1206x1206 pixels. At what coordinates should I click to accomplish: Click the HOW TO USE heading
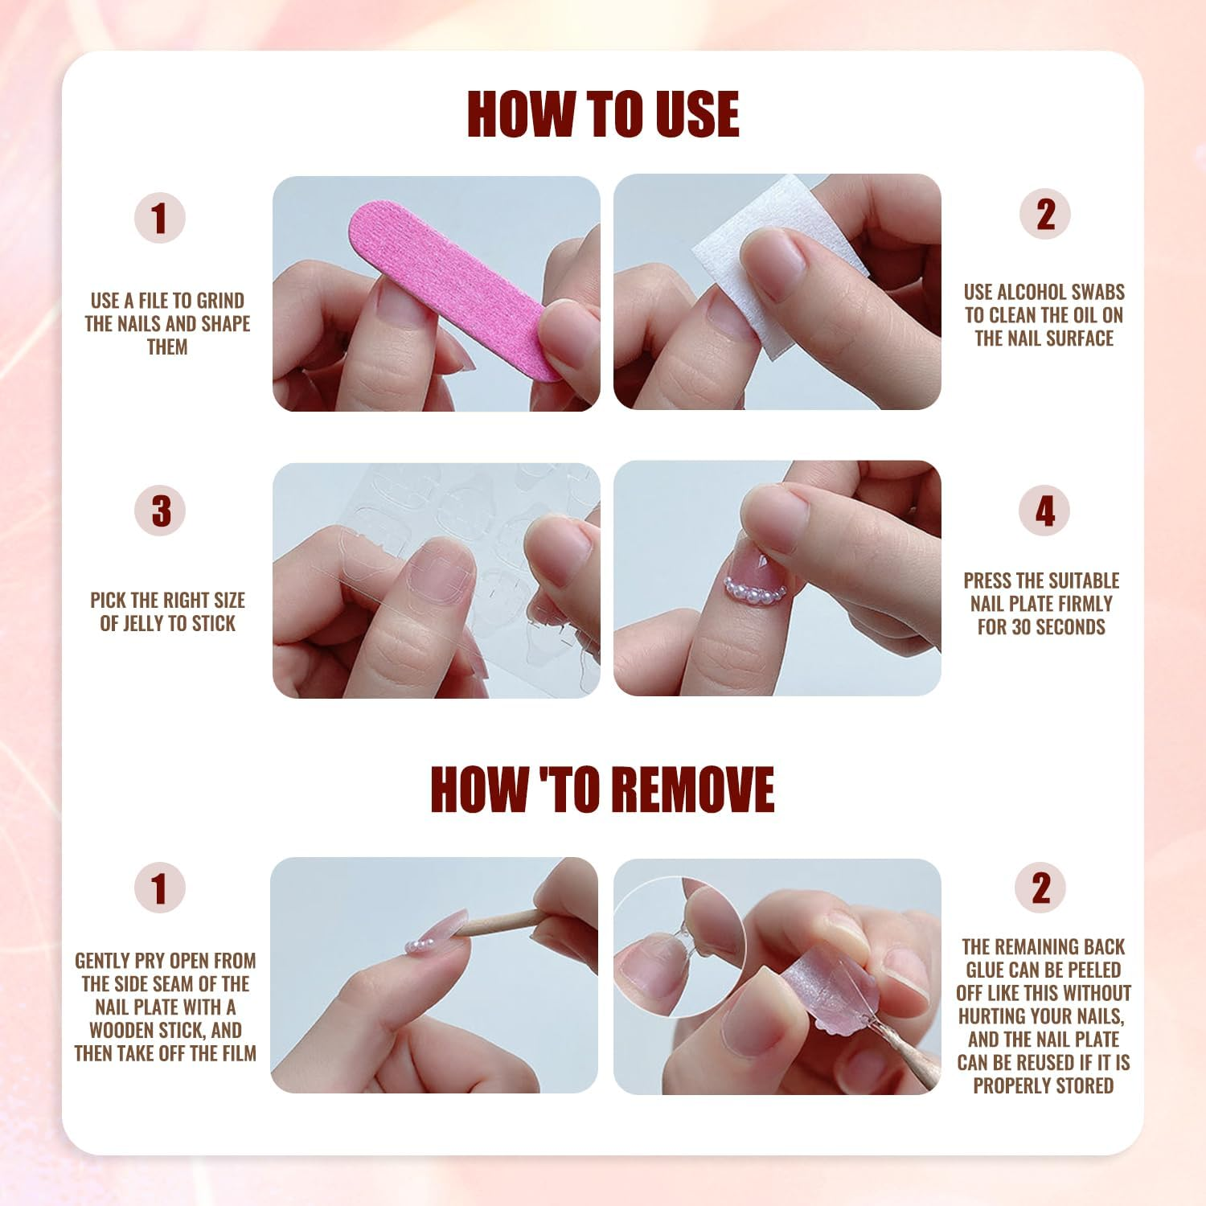[602, 114]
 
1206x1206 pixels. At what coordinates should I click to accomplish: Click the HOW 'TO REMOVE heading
[602, 790]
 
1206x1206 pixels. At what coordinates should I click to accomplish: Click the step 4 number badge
[1044, 511]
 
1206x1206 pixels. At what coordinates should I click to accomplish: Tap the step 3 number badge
[160, 511]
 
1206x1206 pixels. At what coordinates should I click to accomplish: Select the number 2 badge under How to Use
[1044, 215]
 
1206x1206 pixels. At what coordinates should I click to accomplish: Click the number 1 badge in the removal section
[160, 888]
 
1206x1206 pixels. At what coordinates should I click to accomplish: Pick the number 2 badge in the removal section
[1041, 888]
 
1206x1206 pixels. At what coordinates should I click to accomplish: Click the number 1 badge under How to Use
[160, 218]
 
